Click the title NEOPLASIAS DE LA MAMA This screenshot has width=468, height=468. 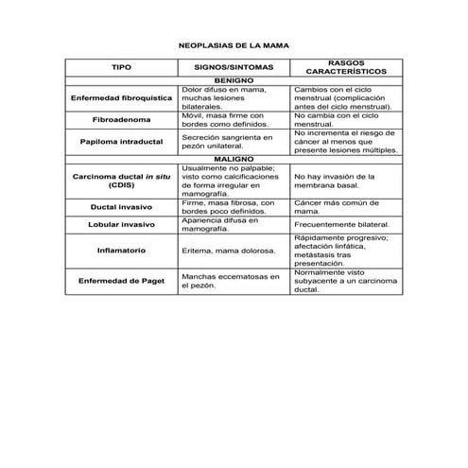coord(234,44)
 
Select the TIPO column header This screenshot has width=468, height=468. coord(121,69)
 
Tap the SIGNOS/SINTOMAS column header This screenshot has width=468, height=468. coord(234,69)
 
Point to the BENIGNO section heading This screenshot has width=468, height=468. coord(234,81)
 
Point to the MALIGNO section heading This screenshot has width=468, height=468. coord(234,159)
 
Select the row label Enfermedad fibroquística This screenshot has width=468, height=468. coord(121,97)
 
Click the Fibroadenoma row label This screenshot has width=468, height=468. coord(121,120)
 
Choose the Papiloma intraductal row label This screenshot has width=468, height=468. coord(121,142)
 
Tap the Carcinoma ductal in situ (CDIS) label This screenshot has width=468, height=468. coord(121,181)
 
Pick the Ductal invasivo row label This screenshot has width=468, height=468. coord(121,206)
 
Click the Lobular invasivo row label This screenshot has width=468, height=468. coord(121,225)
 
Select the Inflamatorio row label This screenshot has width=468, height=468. coord(121,251)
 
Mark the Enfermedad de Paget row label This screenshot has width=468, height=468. coord(121,281)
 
